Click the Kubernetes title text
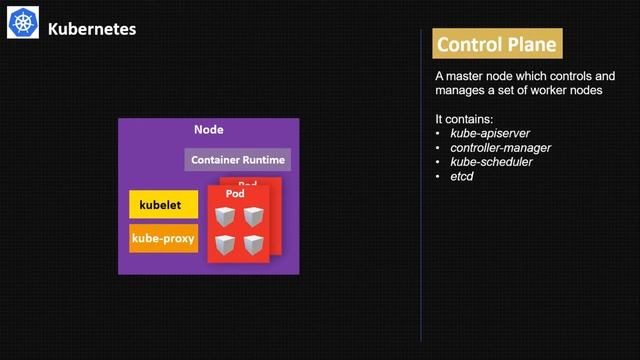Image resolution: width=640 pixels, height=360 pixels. point(92,29)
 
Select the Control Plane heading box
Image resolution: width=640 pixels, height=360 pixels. point(497,45)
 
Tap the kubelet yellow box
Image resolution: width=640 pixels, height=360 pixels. point(164,204)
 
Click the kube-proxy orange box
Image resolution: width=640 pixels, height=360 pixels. point(164,239)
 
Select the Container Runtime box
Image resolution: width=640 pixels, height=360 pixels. point(238,160)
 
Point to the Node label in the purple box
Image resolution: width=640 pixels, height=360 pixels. point(208,130)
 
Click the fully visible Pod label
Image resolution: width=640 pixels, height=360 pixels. point(235,193)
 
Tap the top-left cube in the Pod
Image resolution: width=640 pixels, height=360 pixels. point(226,216)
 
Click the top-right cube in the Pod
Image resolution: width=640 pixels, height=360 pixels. point(254,216)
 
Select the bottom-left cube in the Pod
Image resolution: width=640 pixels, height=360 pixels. point(226,243)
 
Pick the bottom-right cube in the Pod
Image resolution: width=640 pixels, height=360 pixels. point(254,243)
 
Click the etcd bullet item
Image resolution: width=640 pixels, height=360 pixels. point(462,176)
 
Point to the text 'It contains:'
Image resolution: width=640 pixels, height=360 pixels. point(464,119)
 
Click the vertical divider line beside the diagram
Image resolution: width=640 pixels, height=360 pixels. point(421,200)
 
